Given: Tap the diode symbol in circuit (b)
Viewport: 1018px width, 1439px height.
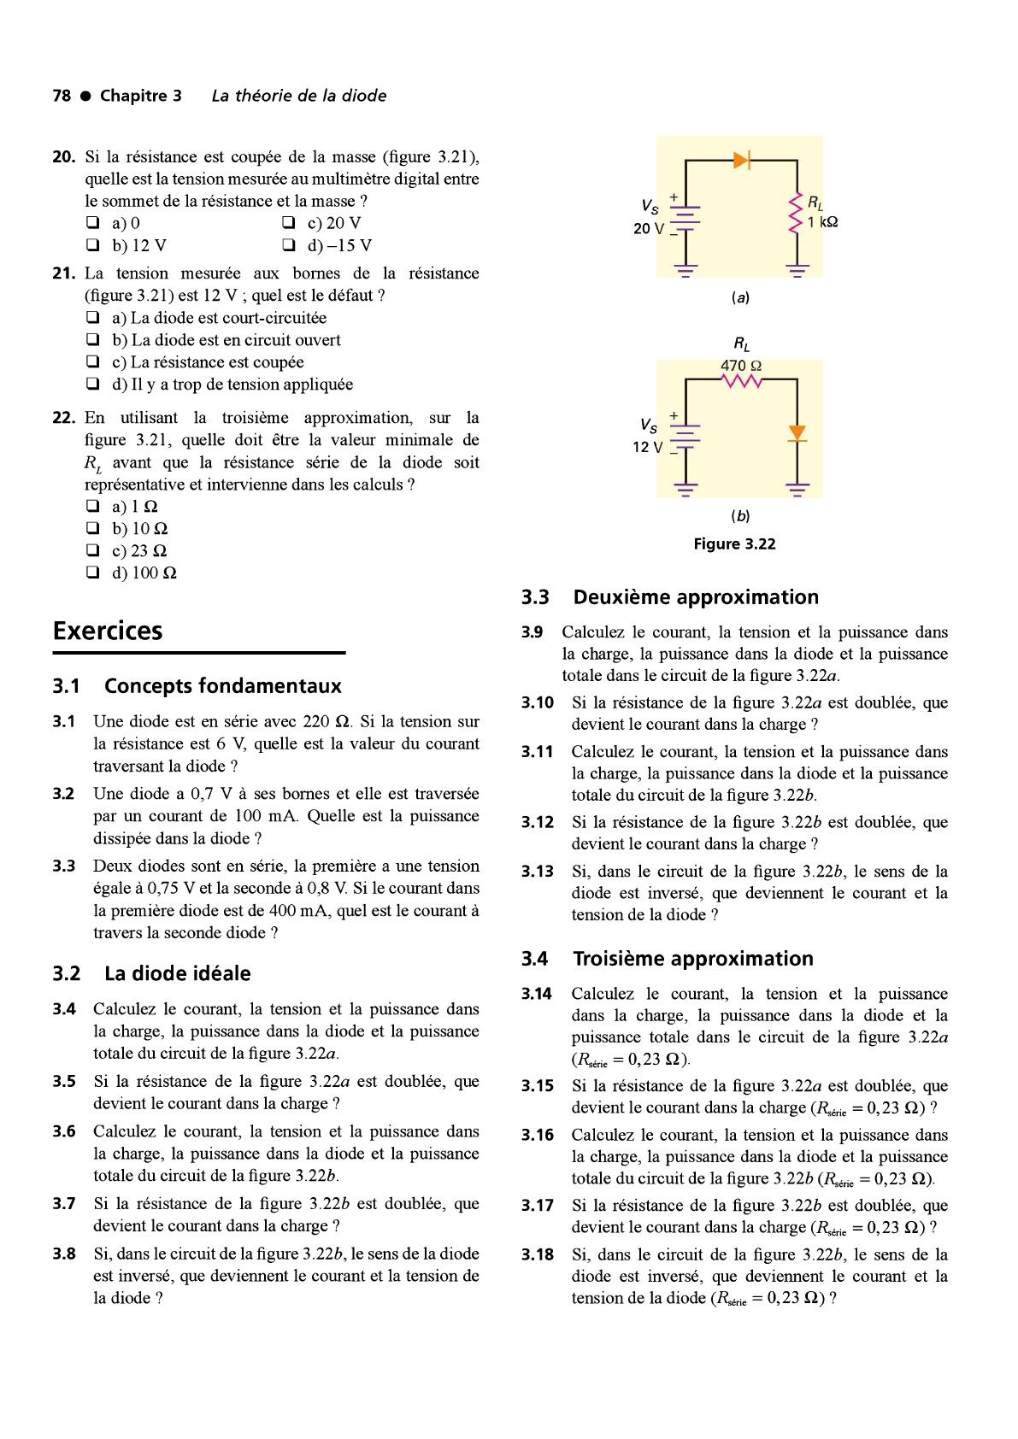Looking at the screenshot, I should [x=797, y=433].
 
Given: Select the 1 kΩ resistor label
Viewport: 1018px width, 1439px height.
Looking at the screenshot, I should [x=821, y=222].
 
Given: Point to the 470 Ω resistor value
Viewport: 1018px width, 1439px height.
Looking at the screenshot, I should [x=741, y=366].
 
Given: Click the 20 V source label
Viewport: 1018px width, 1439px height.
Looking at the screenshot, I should [x=648, y=228].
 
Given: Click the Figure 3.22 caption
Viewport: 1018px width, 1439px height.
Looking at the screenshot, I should [x=734, y=544].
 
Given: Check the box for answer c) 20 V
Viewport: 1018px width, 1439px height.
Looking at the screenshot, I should [x=286, y=224].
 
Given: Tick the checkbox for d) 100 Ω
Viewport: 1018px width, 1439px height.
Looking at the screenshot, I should [x=91, y=573].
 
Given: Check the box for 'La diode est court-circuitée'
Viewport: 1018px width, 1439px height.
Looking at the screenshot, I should [x=91, y=319].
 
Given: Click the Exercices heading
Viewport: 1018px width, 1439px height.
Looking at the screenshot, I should [x=108, y=631].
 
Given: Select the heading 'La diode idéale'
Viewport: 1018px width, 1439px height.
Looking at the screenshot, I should [x=178, y=973].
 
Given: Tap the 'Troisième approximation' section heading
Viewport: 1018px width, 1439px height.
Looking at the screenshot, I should [x=692, y=959].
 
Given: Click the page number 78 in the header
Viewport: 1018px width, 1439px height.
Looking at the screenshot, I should [x=62, y=96].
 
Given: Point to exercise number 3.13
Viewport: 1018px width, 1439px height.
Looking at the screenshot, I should [x=538, y=872].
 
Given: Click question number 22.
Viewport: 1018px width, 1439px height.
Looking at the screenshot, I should [x=64, y=418].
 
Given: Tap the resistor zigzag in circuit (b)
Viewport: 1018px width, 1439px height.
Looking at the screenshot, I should [x=741, y=380].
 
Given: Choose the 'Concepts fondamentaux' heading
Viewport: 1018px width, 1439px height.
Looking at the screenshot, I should [x=222, y=686].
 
